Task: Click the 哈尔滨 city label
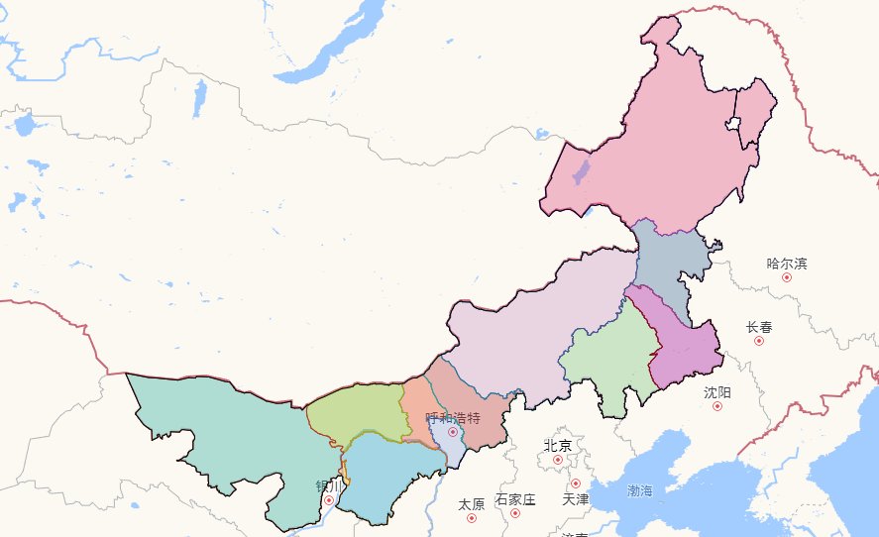point(787,264)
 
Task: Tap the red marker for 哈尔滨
point(787,277)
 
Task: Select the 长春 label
point(759,327)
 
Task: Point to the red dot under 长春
point(759,341)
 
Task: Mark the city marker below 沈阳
point(718,406)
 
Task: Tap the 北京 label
point(558,446)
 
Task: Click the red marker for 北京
point(558,460)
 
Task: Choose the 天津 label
point(575,499)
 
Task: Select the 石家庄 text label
point(515,499)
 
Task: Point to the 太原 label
point(472,504)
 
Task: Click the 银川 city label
point(329,486)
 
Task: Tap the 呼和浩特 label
point(453,418)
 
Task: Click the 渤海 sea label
point(640,490)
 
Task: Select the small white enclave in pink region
point(733,125)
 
